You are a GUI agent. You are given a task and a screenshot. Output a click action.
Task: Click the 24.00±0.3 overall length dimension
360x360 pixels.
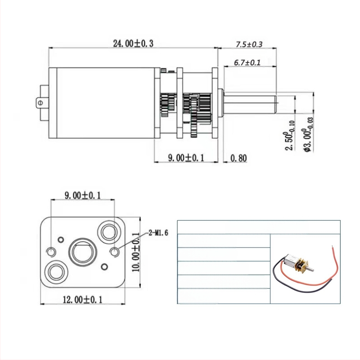(x=133, y=43)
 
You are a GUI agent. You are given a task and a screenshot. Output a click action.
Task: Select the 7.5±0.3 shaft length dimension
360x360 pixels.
(x=249, y=45)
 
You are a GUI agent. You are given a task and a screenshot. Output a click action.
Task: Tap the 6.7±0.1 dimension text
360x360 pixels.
(x=247, y=63)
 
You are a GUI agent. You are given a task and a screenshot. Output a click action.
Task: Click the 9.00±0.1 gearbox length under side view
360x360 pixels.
(x=186, y=158)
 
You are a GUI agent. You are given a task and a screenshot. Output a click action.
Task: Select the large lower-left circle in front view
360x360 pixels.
(x=57, y=271)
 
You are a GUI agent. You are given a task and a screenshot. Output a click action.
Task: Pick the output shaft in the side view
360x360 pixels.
(x=252, y=103)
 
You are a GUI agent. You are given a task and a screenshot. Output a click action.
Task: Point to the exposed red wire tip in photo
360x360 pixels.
(x=333, y=246)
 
